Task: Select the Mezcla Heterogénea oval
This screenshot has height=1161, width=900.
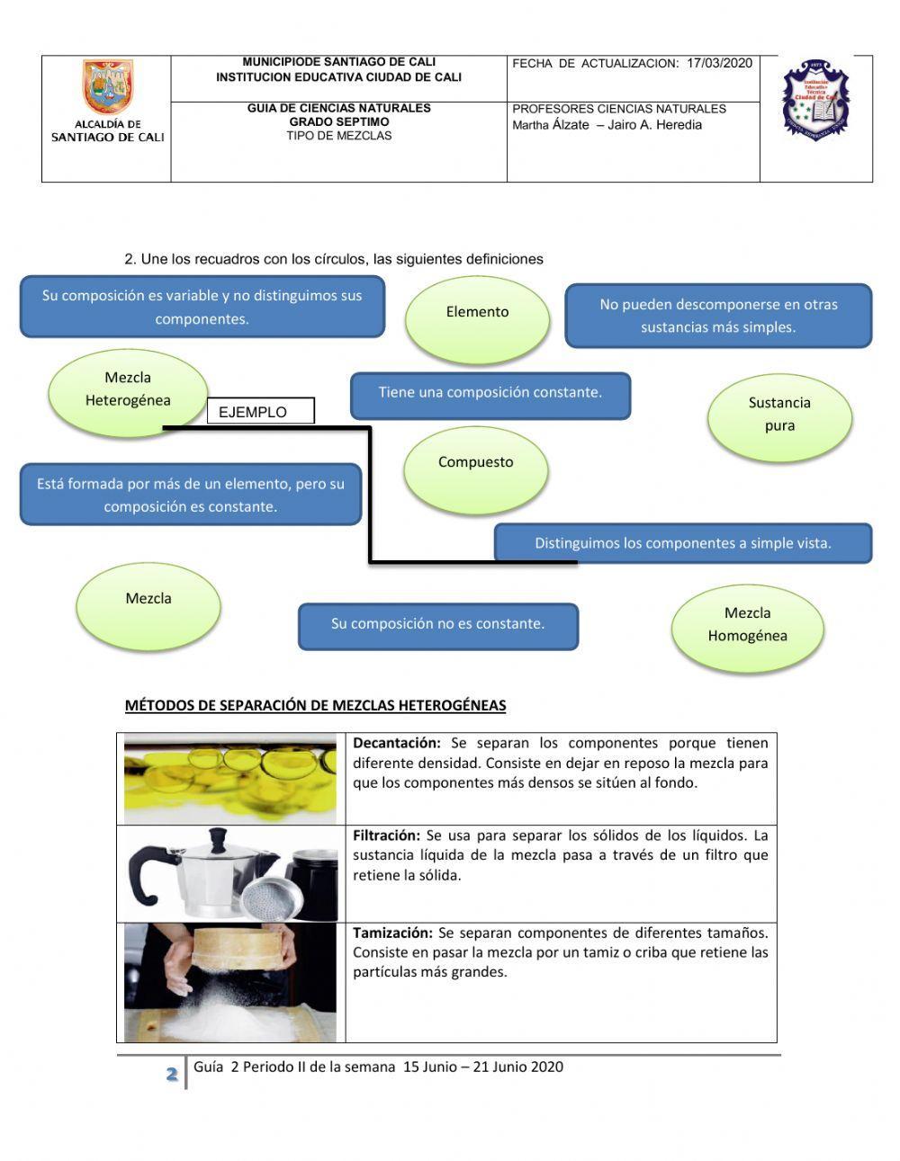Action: point(128,391)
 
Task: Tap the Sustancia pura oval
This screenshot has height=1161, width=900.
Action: point(779,415)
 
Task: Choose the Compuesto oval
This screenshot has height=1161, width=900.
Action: point(475,466)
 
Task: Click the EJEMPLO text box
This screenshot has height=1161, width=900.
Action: point(261,412)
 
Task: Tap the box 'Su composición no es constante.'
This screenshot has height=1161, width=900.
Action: point(438,625)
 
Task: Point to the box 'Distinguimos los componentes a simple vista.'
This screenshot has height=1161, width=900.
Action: point(683,543)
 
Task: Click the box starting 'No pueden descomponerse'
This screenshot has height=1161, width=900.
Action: point(718,316)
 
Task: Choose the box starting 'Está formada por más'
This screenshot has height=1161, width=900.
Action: point(191,495)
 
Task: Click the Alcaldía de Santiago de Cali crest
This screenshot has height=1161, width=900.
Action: point(107,88)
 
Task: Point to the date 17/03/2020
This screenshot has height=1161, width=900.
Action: point(719,64)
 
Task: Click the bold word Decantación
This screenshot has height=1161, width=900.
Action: point(397,744)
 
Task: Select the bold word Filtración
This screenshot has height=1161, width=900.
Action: point(386,835)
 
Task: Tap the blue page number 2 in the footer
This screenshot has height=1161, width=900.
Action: point(171,1074)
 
